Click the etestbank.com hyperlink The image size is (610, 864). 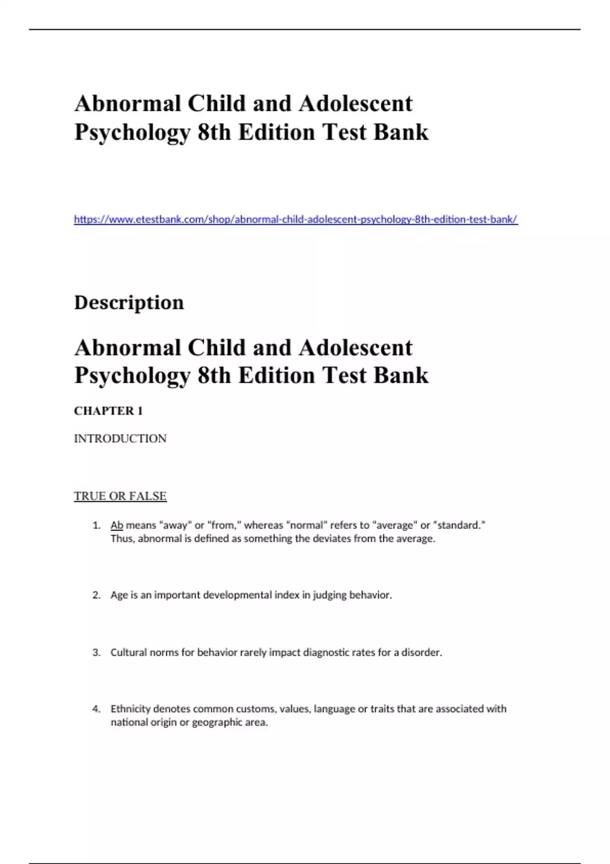click(x=295, y=220)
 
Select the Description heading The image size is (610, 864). click(x=129, y=302)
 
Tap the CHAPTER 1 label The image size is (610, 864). click(x=108, y=411)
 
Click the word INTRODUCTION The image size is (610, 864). click(x=120, y=439)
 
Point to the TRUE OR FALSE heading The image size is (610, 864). click(x=120, y=496)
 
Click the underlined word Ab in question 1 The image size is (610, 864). click(x=117, y=526)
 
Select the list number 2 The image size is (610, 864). click(x=97, y=595)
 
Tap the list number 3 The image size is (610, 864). click(x=97, y=653)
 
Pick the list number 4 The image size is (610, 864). click(x=97, y=709)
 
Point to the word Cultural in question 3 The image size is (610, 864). click(x=129, y=653)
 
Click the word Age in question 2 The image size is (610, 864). click(x=119, y=595)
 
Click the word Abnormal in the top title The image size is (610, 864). click(x=128, y=104)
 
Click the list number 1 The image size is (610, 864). click(x=97, y=526)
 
